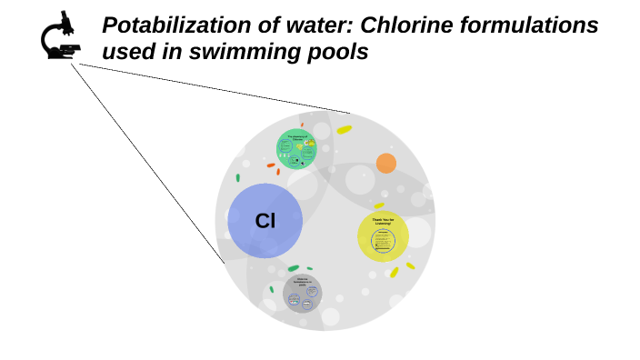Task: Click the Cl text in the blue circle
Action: click(x=265, y=221)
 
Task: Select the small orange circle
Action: click(x=386, y=163)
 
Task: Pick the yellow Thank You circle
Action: click(x=383, y=237)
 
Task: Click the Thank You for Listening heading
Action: click(x=383, y=221)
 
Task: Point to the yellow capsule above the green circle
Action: click(x=344, y=130)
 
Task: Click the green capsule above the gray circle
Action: click(x=294, y=268)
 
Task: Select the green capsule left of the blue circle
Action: click(x=238, y=178)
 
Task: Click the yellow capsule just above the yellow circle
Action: click(x=379, y=206)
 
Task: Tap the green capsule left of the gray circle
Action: click(x=271, y=290)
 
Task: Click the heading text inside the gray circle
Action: click(x=303, y=281)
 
